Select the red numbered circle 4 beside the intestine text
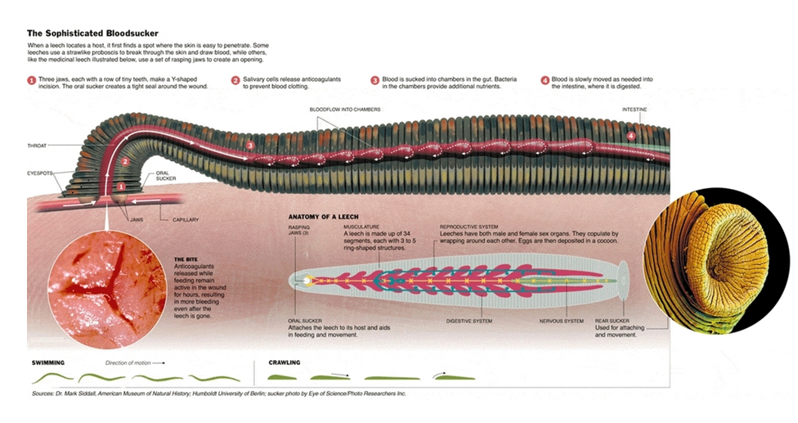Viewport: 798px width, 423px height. (545, 80)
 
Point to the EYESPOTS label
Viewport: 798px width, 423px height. (40, 173)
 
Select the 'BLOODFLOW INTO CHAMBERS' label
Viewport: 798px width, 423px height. (345, 109)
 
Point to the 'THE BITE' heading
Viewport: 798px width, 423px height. (186, 259)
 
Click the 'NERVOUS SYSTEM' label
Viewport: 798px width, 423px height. (562, 321)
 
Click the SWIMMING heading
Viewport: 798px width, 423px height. (48, 362)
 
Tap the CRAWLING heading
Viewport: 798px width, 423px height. (285, 362)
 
